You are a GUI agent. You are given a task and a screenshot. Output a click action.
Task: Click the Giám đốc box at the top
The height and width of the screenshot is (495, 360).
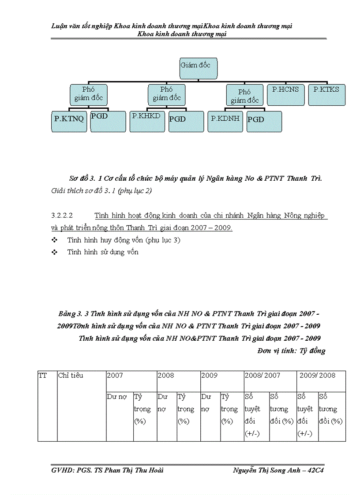click(198, 68)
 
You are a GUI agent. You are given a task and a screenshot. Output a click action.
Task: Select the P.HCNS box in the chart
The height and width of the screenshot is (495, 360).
click(285, 94)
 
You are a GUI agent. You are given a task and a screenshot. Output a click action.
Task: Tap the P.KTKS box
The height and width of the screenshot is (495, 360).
click(326, 94)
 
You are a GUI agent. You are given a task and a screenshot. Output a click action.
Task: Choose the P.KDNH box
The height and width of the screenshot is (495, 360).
click(225, 121)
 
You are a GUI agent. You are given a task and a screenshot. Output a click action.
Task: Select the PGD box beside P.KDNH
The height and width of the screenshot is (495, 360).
click(264, 121)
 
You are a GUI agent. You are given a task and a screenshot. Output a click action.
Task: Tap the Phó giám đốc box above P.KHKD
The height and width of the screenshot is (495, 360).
click(167, 94)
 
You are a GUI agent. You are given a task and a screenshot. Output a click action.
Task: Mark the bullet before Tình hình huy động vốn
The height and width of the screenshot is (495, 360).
click(55, 240)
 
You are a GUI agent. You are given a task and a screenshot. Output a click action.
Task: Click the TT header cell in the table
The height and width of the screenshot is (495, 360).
click(43, 376)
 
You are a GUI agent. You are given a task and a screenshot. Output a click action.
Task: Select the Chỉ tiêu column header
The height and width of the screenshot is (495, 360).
click(71, 376)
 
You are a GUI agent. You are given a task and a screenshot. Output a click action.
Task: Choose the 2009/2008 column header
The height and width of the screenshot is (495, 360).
click(317, 376)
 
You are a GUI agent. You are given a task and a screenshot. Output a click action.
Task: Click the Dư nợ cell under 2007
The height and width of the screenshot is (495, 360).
click(117, 397)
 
